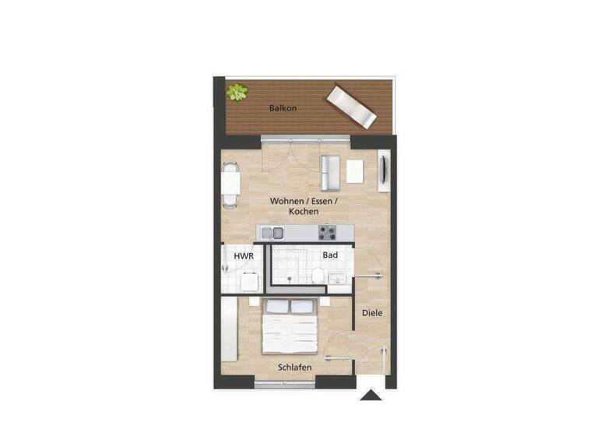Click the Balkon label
click(283, 108)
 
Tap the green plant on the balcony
click(237, 93)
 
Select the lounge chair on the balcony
click(351, 107)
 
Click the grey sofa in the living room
click(330, 172)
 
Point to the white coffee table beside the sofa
click(355, 171)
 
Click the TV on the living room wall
click(384, 171)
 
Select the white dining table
click(230, 185)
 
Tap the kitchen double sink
click(273, 232)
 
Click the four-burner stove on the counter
click(327, 232)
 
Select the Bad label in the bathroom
click(329, 255)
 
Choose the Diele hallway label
click(373, 313)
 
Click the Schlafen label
click(295, 367)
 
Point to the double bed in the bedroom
click(290, 327)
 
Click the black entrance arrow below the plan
click(371, 395)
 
